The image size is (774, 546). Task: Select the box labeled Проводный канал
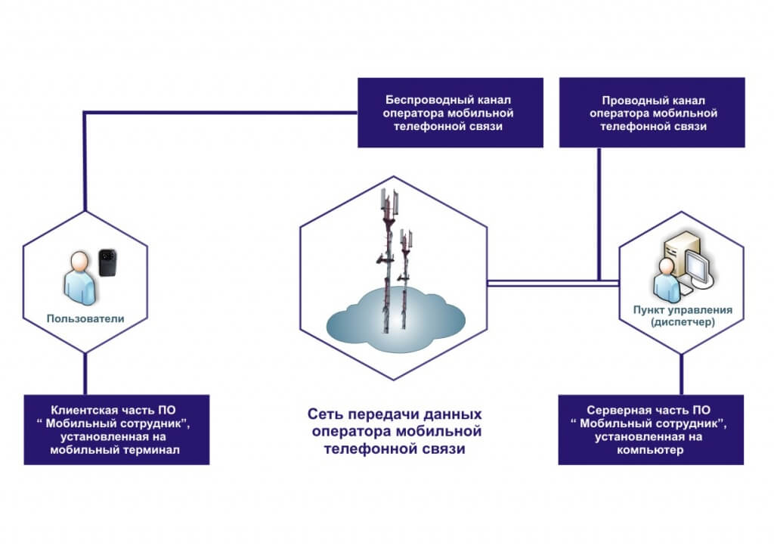[652, 113]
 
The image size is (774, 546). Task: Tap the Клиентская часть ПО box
[116, 429]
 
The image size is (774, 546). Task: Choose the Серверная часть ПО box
[652, 429]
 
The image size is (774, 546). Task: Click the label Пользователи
[84, 319]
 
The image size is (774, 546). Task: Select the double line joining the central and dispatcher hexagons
[552, 283]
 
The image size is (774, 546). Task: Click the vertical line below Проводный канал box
[599, 212]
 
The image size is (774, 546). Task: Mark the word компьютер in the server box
[652, 451]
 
